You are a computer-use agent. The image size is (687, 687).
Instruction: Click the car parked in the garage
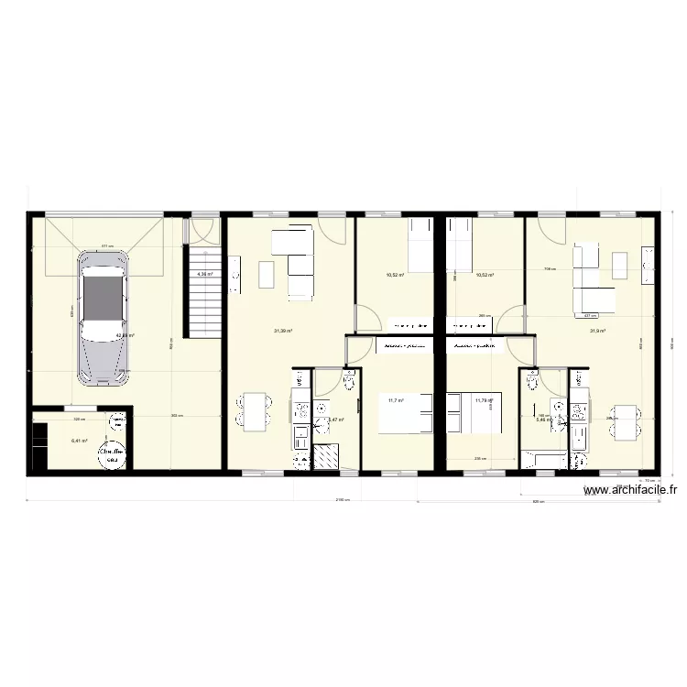click(103, 316)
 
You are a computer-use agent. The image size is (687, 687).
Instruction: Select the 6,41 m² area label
click(79, 441)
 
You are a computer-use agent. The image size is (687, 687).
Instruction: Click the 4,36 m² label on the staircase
click(204, 273)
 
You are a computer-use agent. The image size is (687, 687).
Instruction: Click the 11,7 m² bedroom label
click(396, 400)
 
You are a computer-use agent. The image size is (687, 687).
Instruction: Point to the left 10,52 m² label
click(396, 275)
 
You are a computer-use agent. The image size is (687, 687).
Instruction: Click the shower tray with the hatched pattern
click(325, 456)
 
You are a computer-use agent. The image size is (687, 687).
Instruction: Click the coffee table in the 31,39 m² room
click(267, 274)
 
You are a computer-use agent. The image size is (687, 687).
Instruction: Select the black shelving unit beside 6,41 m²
click(38, 444)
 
